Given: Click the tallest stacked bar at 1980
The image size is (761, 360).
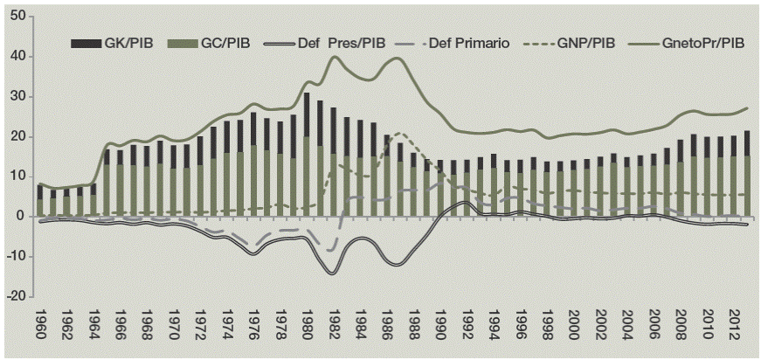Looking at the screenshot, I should click(x=307, y=153).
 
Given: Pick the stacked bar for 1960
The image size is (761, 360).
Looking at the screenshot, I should click(x=39, y=199).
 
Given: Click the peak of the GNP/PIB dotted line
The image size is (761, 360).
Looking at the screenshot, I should click(x=399, y=134).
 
